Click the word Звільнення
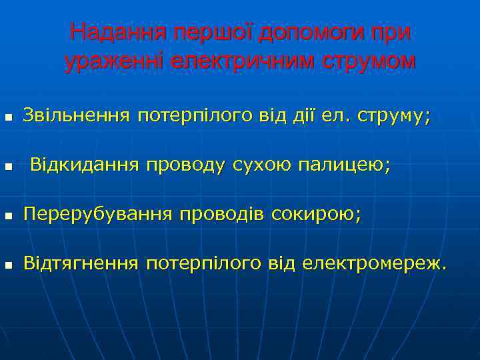tap(76, 116)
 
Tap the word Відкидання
tap(85, 165)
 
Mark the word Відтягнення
tap(81, 264)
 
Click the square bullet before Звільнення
tap(7, 118)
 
